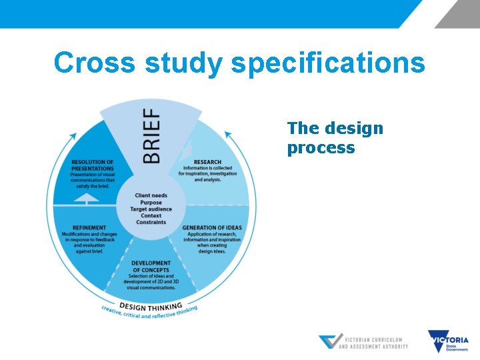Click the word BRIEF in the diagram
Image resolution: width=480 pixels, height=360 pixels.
pos(152,137)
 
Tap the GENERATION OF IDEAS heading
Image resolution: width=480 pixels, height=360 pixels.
pos(211,227)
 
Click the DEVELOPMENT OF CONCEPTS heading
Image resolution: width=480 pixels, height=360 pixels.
pos(151,266)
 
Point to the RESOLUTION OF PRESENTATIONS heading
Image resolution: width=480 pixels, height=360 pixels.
pos(92,165)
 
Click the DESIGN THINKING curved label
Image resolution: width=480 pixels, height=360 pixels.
pos(151,306)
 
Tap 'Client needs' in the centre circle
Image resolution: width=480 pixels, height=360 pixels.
pos(151,195)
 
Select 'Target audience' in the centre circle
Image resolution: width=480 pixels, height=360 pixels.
pos(151,209)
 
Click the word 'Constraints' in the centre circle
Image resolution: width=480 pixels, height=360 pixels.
pos(151,223)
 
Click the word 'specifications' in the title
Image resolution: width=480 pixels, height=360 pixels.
pos(327,64)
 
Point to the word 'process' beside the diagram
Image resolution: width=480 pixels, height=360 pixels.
pos(321,148)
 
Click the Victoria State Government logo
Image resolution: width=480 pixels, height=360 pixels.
pos(448,341)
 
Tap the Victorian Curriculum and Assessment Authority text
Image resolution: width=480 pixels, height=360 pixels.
pos(373,343)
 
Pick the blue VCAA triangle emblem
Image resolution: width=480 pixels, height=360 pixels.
pos(330,342)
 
